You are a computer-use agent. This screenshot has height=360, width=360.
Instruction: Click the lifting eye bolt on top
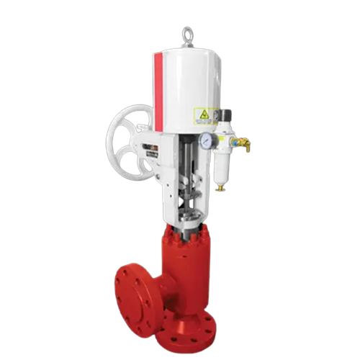click(187, 35)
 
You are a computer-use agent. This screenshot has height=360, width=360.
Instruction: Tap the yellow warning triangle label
click(204, 116)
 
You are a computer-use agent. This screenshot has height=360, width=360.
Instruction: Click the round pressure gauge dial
click(207, 141)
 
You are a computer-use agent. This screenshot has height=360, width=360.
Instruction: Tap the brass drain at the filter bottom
click(222, 186)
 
